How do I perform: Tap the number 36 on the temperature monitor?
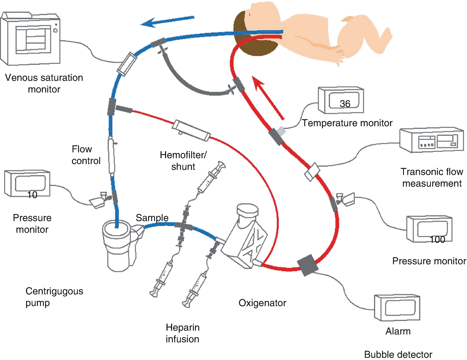pos(345,104)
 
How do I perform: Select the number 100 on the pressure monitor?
pos(437,240)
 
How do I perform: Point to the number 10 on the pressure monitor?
pos(32,195)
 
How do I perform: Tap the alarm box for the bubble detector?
pos(397,307)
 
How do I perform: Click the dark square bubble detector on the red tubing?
pos(307,265)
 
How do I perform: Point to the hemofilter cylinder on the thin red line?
pos(191,130)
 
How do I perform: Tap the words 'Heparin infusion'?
pos(182,333)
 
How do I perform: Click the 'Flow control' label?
pos(86,155)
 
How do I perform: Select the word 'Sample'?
pos(152,218)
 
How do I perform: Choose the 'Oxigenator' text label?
pos(262,303)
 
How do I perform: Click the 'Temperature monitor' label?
pos(347,123)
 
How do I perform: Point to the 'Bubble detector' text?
pos(398,354)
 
